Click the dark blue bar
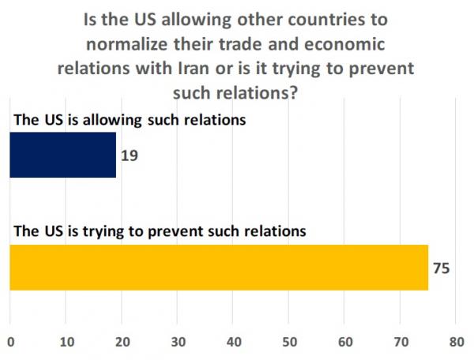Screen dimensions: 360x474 [62, 155]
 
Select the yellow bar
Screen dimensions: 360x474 [218, 267]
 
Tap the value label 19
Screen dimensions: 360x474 [130, 156]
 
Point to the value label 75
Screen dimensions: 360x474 [442, 268]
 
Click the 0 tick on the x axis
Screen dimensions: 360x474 [9, 342]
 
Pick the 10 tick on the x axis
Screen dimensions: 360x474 [66, 342]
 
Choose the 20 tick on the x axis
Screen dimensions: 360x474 [122, 342]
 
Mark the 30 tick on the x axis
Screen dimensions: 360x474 [178, 342]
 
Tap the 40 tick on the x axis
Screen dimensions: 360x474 [233, 342]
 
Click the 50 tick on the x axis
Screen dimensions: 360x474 [289, 342]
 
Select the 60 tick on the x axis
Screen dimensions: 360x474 [345, 342]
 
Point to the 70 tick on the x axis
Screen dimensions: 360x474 [401, 342]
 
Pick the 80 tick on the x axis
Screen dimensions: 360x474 [456, 342]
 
